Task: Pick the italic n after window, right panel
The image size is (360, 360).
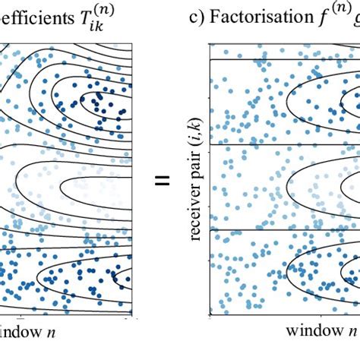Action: (x=352, y=332)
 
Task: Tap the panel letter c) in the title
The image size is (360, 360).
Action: (x=197, y=17)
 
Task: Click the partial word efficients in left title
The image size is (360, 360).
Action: (x=35, y=17)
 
